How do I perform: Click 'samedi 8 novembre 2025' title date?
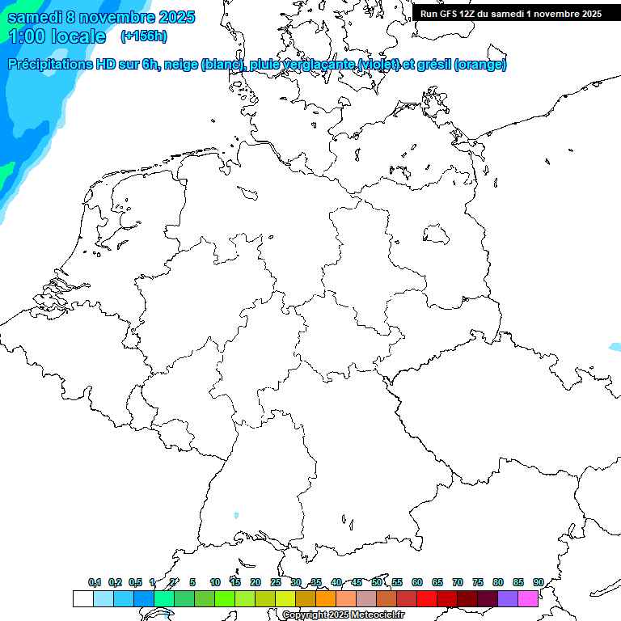(x=101, y=17)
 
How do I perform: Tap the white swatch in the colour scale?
(x=83, y=599)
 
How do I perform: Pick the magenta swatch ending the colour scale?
(x=528, y=599)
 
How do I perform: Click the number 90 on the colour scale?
(x=538, y=582)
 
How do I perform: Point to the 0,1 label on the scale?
(x=95, y=582)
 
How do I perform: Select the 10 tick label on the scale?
(x=215, y=582)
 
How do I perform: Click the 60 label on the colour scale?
(x=417, y=582)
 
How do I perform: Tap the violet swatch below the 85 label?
(x=508, y=599)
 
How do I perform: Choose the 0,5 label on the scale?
(x=135, y=582)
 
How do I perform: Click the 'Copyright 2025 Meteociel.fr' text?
(x=344, y=615)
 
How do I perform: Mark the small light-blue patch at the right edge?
(x=615, y=347)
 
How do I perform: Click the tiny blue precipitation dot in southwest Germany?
(x=236, y=514)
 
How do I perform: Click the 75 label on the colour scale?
(x=478, y=582)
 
